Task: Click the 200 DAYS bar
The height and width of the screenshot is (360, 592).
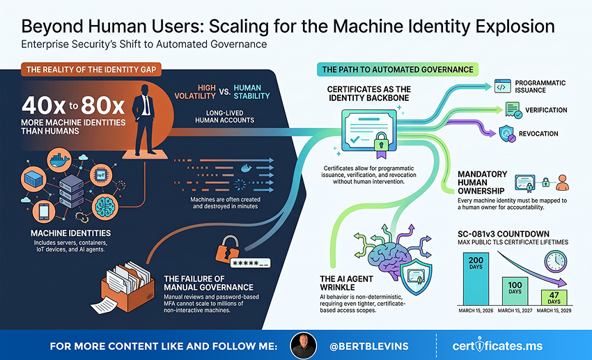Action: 476,279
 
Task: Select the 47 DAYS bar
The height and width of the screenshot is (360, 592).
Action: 554,297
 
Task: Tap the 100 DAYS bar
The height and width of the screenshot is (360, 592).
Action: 515,291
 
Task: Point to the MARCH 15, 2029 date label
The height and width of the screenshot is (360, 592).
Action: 554,311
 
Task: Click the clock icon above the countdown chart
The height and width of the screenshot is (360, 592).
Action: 555,261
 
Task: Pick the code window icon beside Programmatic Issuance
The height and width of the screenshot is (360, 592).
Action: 503,86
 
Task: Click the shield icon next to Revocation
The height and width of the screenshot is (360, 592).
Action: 507,134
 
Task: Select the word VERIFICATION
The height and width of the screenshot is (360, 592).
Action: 546,110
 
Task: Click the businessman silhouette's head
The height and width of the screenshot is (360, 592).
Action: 145,91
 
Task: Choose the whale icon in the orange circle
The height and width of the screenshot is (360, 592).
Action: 59,160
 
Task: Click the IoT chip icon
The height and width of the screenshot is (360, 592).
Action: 101,175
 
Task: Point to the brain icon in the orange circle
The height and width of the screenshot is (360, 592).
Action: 105,207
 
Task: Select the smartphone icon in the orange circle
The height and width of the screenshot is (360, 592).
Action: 44,212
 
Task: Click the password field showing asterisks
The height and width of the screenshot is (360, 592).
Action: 251,263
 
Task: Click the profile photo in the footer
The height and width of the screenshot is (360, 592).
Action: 303,345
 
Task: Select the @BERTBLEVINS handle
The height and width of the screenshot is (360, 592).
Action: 369,346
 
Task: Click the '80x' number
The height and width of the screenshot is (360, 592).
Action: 102,105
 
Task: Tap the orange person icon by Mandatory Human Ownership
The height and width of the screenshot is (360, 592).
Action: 563,182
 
